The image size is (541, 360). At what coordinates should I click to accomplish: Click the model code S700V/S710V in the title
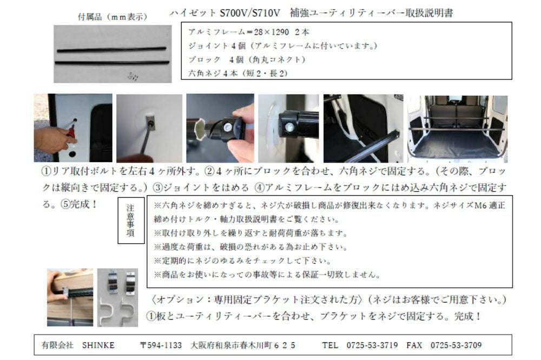pos(250,13)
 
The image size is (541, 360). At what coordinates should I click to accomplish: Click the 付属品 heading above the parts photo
pos(90,17)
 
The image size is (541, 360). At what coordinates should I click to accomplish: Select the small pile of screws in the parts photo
pos(132,76)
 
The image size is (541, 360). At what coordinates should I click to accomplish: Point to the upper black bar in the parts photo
pos(112,49)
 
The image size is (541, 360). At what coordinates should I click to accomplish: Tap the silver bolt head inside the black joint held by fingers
pos(227,126)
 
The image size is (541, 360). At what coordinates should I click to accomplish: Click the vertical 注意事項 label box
pos(131,221)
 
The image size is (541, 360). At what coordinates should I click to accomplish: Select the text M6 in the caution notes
pos(480,205)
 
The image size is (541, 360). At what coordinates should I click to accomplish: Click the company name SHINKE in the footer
pos(98,345)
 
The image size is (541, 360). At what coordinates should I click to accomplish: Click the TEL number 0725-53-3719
pos(372,345)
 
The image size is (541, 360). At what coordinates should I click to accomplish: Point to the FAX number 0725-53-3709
pos(456,345)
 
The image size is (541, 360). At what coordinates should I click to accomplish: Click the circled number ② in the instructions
pos(210,171)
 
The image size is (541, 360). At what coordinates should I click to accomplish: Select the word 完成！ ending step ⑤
pos(83,204)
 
